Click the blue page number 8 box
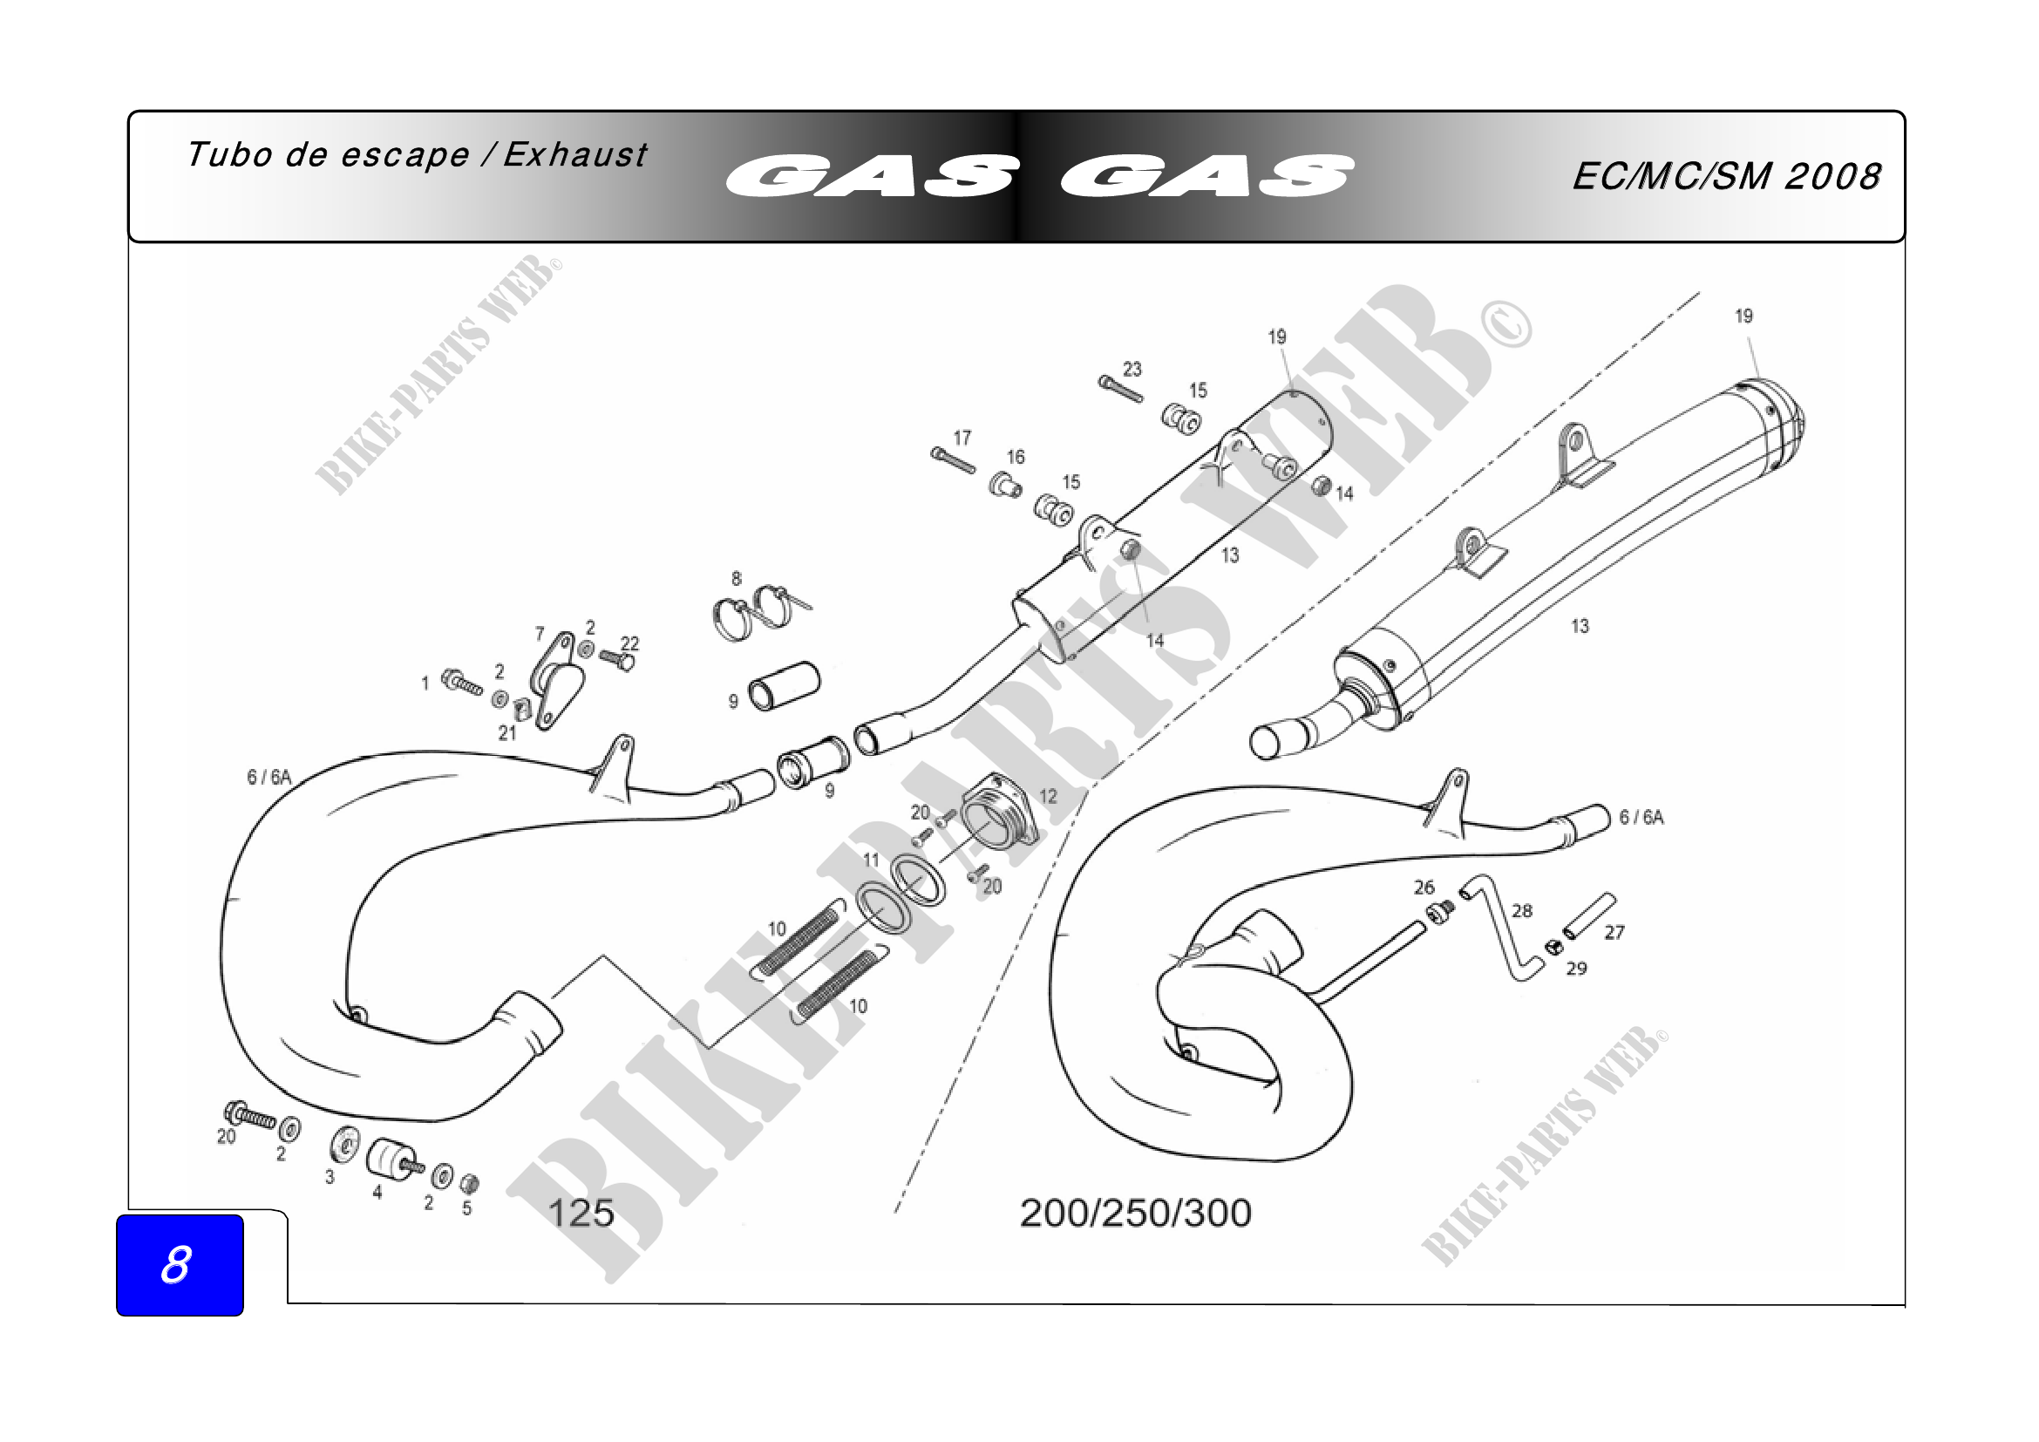180,1264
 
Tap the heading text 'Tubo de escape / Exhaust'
417,155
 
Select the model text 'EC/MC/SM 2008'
1725,177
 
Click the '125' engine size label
581,1213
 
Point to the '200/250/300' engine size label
1135,1213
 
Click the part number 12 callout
1048,796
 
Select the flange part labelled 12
999,813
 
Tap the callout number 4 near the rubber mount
377,1193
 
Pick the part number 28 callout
1522,910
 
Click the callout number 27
1614,932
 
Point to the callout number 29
1576,968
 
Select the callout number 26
1424,887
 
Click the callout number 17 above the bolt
962,438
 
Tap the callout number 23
1132,369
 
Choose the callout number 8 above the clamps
737,579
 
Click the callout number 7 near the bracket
540,634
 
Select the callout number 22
629,643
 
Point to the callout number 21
507,732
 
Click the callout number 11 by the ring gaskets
871,860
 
